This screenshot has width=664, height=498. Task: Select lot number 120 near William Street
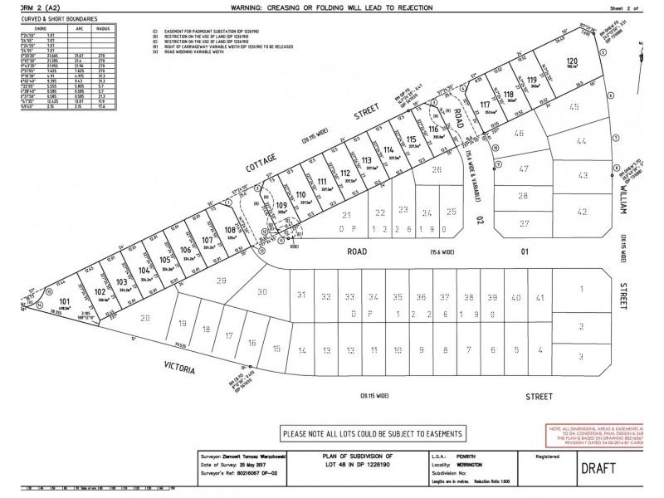[x=570, y=63]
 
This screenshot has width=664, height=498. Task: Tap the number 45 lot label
[x=574, y=107]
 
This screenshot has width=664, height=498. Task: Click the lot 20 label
[x=145, y=318]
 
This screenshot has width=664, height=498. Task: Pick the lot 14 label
[x=301, y=349]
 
